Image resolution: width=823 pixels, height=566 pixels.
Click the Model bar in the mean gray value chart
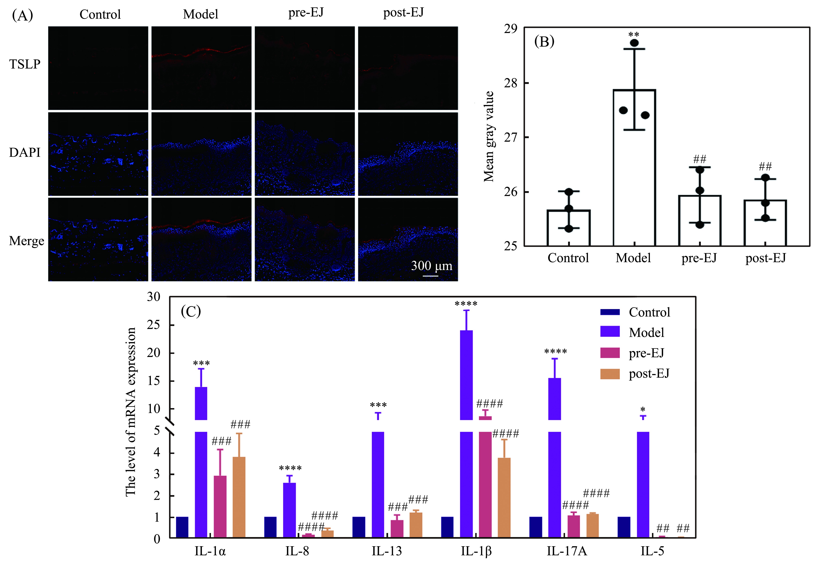click(634, 167)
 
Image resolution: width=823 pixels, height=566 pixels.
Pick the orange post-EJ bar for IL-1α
click(239, 497)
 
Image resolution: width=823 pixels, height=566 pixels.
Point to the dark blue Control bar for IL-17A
click(535, 527)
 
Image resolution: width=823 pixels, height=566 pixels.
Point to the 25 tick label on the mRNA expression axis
click(154, 325)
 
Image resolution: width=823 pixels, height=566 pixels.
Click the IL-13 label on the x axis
click(387, 551)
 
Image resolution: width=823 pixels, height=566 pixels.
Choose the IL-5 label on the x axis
click(652, 551)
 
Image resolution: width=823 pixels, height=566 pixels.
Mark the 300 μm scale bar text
click(431, 266)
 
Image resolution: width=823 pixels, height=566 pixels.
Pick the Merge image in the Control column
click(98, 239)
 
